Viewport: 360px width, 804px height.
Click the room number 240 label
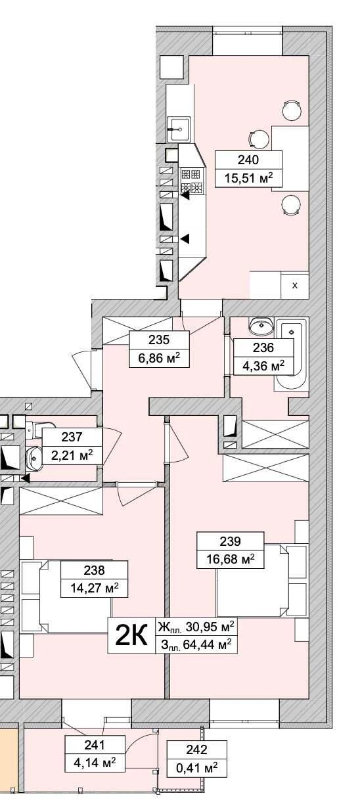248,160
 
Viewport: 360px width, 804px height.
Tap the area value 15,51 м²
248,178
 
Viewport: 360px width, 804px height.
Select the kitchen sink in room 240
179,129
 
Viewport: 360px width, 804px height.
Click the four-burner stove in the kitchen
191,181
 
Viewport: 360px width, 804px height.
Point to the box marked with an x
295,286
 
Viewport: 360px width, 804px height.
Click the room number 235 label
158,340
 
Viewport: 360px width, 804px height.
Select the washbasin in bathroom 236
261,325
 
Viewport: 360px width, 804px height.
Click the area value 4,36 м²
263,367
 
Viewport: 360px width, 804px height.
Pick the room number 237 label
72,437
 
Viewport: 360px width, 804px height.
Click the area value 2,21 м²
72,455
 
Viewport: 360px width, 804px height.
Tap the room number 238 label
94,569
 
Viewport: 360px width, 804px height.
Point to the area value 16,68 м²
231,559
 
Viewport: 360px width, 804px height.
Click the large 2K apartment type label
131,635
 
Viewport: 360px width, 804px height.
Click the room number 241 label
95,745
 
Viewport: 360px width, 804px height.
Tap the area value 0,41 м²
196,768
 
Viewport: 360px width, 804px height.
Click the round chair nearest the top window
291,110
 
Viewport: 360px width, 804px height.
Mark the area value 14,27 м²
95,588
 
